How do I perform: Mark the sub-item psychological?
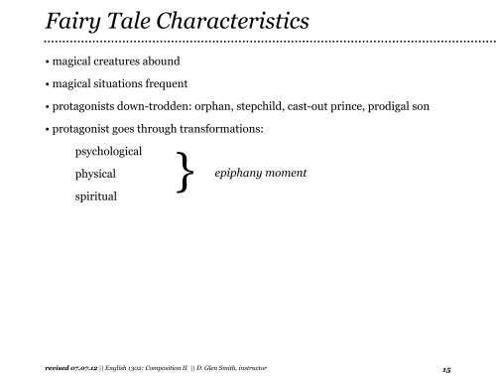108,152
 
